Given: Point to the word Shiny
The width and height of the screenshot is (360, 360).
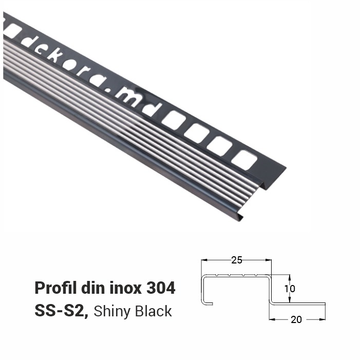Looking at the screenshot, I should [x=113, y=311].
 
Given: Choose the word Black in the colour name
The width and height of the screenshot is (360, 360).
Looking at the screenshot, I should [x=154, y=311].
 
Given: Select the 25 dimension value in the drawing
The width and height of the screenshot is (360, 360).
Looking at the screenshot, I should [x=237, y=260].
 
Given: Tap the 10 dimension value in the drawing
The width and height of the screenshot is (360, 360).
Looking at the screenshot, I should [x=290, y=288].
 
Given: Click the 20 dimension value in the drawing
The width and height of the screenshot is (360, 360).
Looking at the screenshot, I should [x=296, y=319].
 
